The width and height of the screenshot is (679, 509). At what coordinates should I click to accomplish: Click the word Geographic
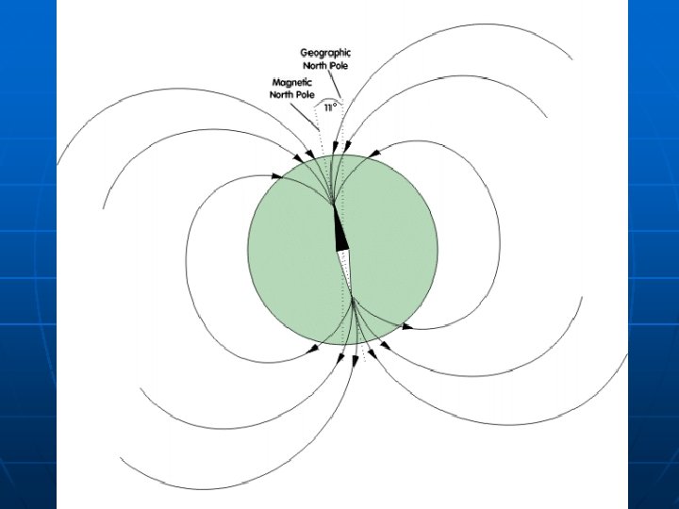pyautogui.click(x=325, y=53)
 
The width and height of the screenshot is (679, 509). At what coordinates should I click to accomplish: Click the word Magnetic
pyautogui.click(x=292, y=82)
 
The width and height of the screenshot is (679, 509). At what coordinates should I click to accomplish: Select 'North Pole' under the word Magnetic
pyautogui.click(x=292, y=94)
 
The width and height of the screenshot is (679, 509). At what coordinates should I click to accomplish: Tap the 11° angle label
pyautogui.click(x=329, y=108)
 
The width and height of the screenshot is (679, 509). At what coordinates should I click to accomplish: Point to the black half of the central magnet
pyautogui.click(x=340, y=232)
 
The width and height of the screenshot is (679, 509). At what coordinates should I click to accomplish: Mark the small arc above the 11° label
pyautogui.click(x=329, y=98)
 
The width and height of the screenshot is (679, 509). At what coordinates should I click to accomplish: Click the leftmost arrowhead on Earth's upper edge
pyautogui.click(x=277, y=175)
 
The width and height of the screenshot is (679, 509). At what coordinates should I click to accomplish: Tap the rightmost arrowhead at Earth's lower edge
pyautogui.click(x=406, y=326)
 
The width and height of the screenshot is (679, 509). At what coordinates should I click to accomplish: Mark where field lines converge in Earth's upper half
pyautogui.click(x=333, y=201)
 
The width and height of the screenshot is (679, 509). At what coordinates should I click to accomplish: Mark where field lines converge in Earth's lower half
pyautogui.click(x=353, y=301)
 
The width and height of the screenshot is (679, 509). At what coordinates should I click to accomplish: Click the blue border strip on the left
pyautogui.click(x=28, y=254)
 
